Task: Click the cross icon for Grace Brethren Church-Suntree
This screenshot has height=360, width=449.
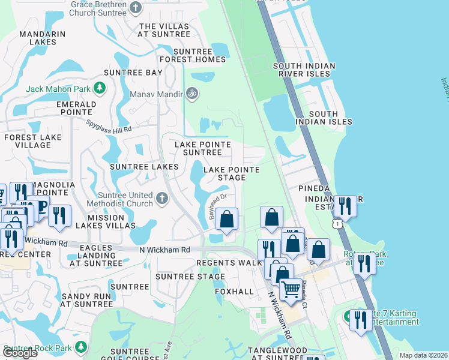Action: pos(136,8)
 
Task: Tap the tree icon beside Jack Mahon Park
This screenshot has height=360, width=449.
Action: pos(100,89)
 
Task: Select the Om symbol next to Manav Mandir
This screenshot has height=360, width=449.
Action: pos(192,94)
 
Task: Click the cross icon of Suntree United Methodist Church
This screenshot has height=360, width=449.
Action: pos(161,199)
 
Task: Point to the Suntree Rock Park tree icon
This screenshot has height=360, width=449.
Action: pos(80,347)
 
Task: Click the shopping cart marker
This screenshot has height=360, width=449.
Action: pos(291,289)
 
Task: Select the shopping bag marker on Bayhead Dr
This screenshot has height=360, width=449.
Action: pos(226,219)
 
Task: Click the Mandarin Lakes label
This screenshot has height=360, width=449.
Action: pos(42,38)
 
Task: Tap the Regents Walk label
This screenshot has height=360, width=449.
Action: pos(230,263)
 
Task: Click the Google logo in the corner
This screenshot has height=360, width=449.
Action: pos(20,352)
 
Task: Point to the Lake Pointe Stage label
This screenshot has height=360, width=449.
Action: pos(231,173)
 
